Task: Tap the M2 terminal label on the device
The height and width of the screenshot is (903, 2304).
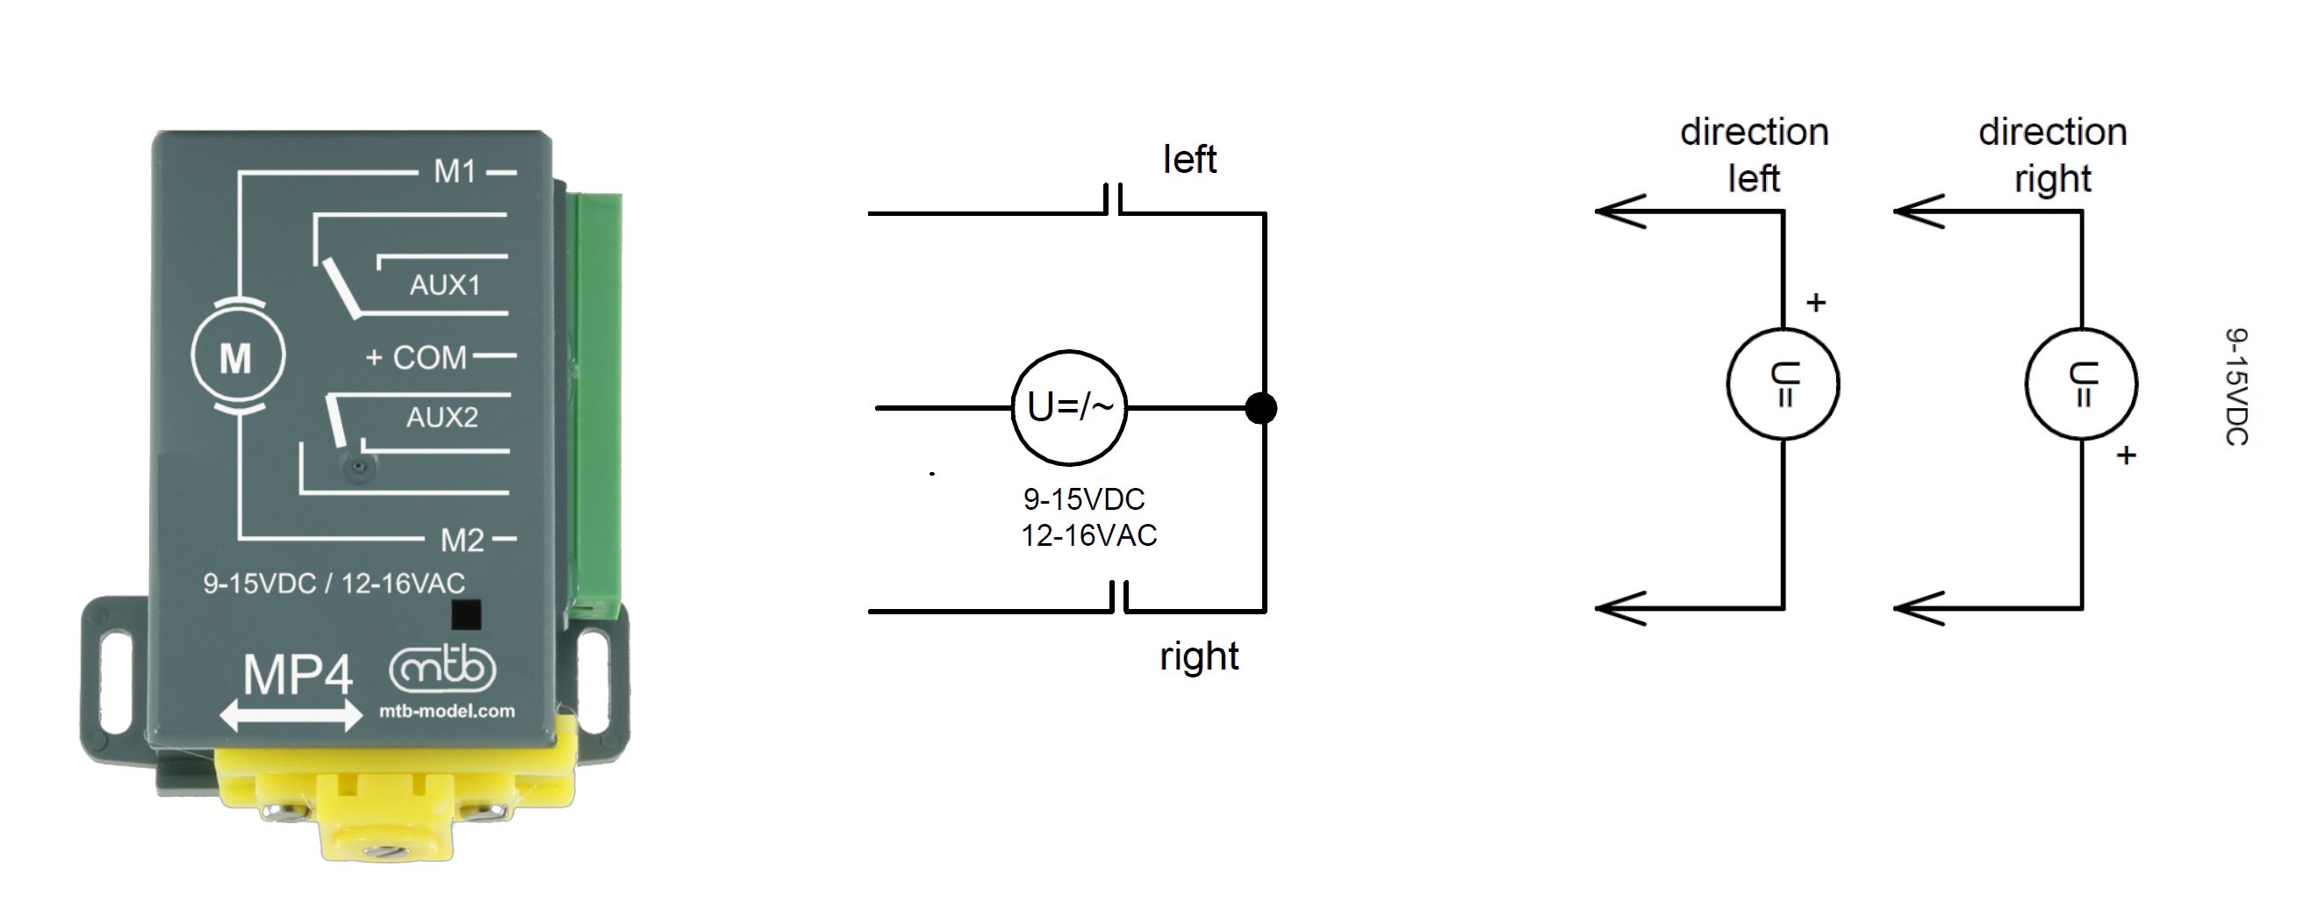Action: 462,540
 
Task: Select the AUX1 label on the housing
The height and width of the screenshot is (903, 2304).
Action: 444,285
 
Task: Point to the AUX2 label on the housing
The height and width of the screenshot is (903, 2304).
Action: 441,418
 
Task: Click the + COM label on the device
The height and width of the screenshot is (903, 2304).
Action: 416,358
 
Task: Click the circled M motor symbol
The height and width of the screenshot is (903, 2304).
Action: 237,358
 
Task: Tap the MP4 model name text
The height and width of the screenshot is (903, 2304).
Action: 298,675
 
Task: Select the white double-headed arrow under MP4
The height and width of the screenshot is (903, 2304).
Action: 291,716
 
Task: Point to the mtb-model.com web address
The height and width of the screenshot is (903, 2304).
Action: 448,712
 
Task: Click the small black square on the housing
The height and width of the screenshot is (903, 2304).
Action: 466,615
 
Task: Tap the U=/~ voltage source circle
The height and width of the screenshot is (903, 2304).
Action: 1069,408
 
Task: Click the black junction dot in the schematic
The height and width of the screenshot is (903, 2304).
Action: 1261,409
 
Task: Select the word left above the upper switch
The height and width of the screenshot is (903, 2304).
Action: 1188,160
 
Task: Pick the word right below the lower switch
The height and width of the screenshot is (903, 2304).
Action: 1198,657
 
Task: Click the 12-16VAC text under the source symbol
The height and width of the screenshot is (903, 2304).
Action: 1088,535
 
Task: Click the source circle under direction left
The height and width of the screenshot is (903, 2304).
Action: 1783,383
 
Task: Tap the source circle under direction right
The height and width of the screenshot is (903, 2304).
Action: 2081,383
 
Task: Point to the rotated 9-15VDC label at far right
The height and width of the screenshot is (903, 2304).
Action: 2236,386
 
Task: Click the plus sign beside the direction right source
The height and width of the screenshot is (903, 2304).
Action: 2126,455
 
